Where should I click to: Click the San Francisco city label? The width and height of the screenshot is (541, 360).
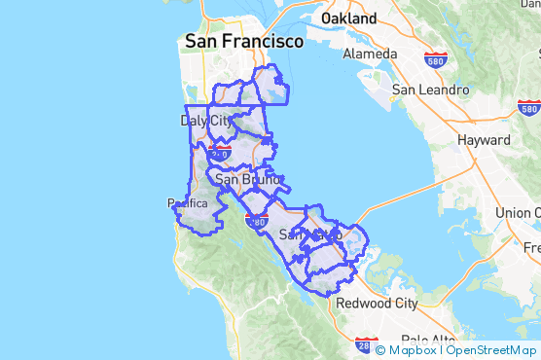click(x=243, y=42)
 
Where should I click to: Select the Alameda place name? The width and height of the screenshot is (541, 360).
click(x=369, y=54)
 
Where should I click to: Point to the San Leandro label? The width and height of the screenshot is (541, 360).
click(x=430, y=90)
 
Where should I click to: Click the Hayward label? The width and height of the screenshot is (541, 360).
click(x=484, y=140)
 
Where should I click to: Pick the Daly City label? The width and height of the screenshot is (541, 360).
click(x=207, y=121)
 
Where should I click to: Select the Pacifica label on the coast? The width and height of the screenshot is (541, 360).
click(x=188, y=203)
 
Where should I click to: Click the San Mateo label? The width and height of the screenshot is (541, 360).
click(x=309, y=234)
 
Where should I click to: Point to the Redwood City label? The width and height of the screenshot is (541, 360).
click(x=377, y=303)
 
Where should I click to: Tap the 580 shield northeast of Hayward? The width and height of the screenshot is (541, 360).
click(x=528, y=108)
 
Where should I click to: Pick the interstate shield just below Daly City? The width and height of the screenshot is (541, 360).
click(x=220, y=153)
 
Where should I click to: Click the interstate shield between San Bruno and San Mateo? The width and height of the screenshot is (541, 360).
click(x=256, y=222)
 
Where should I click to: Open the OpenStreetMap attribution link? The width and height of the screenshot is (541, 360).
click(x=493, y=350)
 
